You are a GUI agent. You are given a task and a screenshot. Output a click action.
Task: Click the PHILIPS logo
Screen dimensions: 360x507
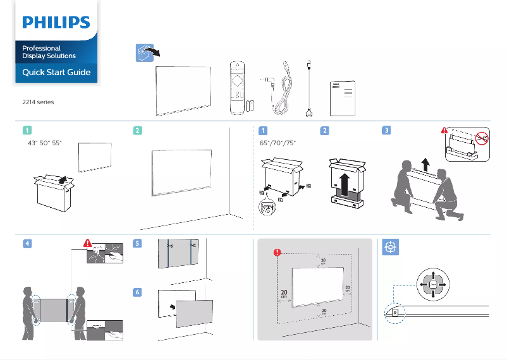56,23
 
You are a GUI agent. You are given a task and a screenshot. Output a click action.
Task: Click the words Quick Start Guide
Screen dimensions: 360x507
56,72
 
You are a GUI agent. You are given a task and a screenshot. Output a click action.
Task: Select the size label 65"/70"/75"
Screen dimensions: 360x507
278,143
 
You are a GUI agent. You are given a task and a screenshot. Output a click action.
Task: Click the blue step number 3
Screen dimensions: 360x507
387,131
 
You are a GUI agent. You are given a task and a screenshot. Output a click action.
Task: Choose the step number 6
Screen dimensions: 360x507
138,292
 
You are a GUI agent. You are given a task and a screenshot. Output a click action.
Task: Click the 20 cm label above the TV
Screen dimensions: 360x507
322,261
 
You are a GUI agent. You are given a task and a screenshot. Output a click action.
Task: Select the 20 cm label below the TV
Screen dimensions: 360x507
323,312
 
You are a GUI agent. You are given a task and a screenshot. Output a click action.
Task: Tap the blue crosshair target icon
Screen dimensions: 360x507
390,248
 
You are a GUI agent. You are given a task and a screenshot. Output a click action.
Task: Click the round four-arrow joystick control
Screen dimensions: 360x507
433,285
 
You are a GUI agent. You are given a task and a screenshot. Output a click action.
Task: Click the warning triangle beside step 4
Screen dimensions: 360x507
88,243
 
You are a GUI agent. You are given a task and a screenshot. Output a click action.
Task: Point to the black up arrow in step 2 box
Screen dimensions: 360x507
344,185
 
